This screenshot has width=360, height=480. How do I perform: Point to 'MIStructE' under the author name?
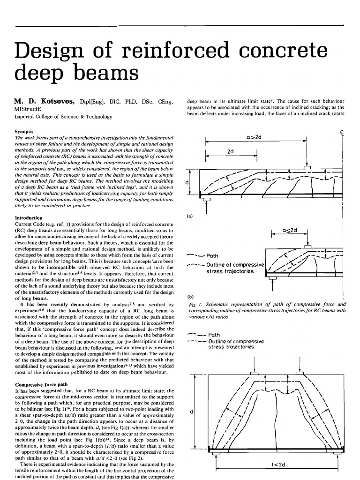30,109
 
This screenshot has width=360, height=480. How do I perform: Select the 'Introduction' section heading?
29,218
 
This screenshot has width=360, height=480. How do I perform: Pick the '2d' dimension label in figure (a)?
231,152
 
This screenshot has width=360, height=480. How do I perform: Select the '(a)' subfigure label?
190,216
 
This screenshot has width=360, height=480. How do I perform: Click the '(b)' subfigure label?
190,296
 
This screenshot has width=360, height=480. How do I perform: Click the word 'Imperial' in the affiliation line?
26,117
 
